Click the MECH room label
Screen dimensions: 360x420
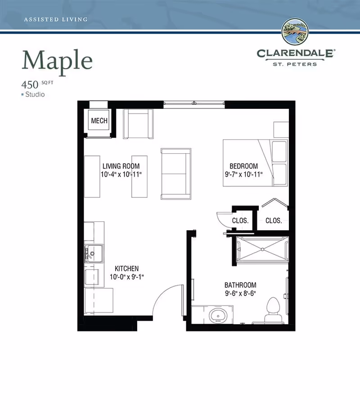pyautogui.click(x=99, y=121)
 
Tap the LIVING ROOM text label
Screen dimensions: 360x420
pyautogui.click(x=121, y=166)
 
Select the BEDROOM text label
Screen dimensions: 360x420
pyautogui.click(x=243, y=166)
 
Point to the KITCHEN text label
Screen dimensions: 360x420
pyautogui.click(x=126, y=268)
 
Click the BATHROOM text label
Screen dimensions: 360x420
pyautogui.click(x=240, y=285)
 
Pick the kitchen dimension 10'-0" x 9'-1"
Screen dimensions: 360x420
pyautogui.click(x=127, y=277)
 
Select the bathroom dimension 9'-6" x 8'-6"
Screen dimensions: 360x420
pyautogui.click(x=240, y=293)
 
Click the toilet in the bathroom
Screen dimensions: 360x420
pyautogui.click(x=273, y=310)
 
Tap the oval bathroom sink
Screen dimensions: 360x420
pyautogui.click(x=218, y=316)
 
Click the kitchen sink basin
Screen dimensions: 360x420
pyautogui.click(x=94, y=253)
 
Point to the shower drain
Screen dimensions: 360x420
pyautogui.click(x=262, y=250)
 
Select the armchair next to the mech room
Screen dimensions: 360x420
pyautogui.click(x=138, y=124)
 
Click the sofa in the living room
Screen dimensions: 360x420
pyautogui.click(x=176, y=174)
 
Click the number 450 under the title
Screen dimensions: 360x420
pyautogui.click(x=30, y=85)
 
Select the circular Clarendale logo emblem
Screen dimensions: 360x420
pyautogui.click(x=295, y=31)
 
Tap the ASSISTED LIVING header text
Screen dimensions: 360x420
pyautogui.click(x=56, y=19)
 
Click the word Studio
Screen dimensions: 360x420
pyautogui.click(x=35, y=94)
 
